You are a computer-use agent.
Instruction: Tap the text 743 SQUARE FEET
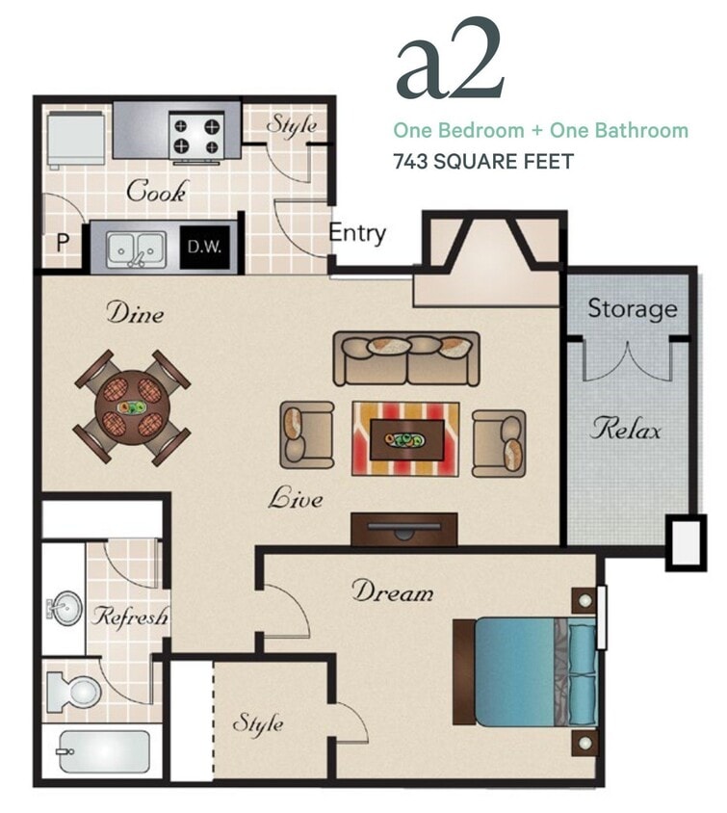pyautogui.click(x=482, y=161)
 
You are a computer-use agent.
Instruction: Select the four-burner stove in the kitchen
pyautogui.click(x=197, y=134)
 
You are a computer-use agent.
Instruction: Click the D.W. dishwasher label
pyautogui.click(x=204, y=247)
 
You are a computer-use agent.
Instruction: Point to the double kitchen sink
pyautogui.click(x=135, y=248)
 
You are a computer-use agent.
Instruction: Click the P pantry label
pyautogui.click(x=63, y=242)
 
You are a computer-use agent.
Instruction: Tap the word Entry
pyautogui.click(x=357, y=233)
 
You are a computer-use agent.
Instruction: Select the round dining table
pyautogui.click(x=133, y=405)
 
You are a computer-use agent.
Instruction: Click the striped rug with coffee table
pyautogui.click(x=404, y=439)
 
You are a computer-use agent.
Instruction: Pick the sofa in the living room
pyautogui.click(x=406, y=358)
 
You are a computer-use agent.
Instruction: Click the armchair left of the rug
pyautogui.click(x=307, y=434)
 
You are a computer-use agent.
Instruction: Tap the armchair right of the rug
pyautogui.click(x=499, y=440)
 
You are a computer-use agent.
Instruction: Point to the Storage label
pyautogui.click(x=632, y=309)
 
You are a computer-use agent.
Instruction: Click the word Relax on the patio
pyautogui.click(x=626, y=429)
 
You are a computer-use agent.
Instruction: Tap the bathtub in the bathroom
pyautogui.click(x=103, y=751)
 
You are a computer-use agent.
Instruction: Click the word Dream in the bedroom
pyautogui.click(x=392, y=590)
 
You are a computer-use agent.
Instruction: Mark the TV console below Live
pyautogui.click(x=403, y=529)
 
